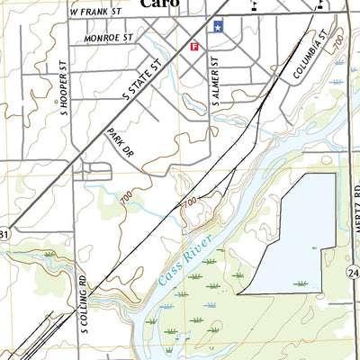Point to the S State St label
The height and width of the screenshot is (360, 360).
coord(145,78)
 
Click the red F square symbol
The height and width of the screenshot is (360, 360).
coord(193,46)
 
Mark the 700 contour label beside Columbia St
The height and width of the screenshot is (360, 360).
coord(337,42)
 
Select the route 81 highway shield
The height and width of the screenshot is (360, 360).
coord(4,235)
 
